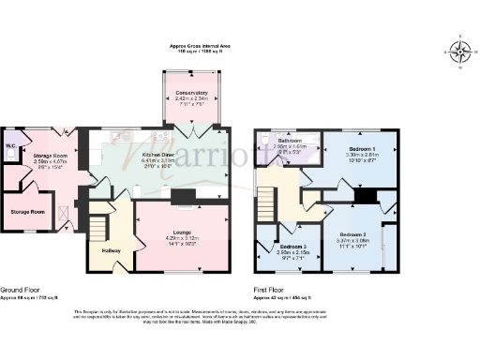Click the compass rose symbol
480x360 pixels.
click(459, 52)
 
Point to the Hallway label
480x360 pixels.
click(111, 250)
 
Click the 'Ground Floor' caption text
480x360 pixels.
click(21, 290)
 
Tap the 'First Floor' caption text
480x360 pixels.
click(273, 290)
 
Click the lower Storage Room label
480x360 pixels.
click(28, 212)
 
